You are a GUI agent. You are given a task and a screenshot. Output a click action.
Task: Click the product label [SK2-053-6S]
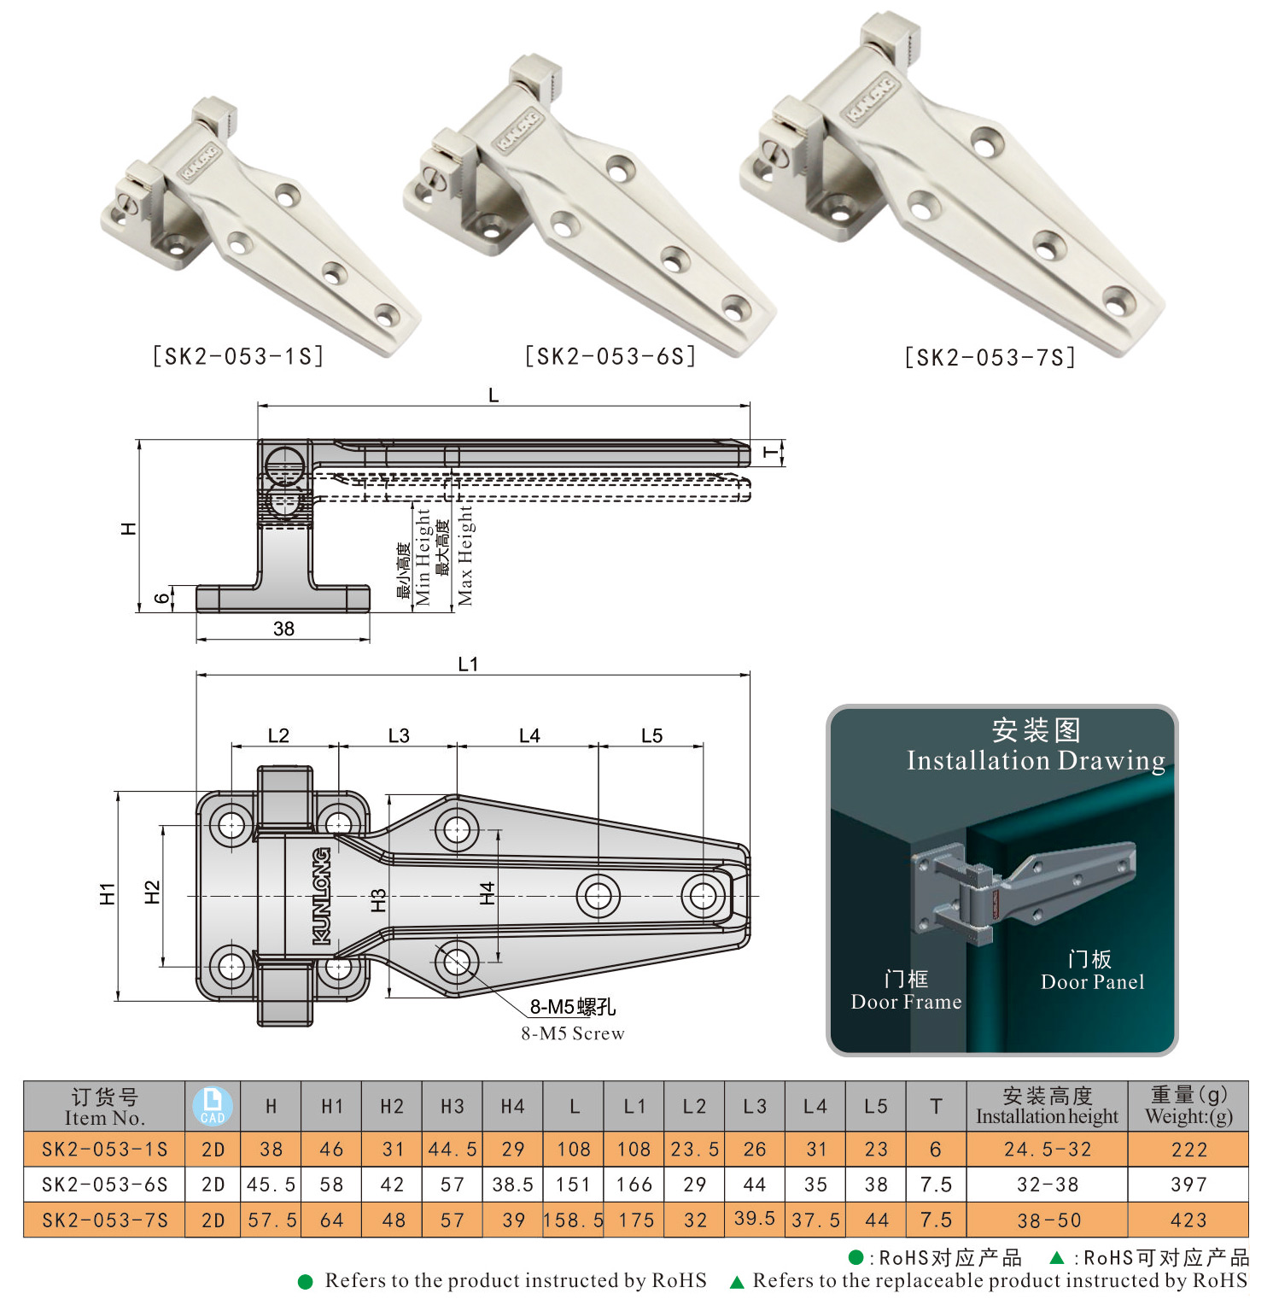[610, 356]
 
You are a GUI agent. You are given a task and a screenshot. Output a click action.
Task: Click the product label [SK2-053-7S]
[990, 357]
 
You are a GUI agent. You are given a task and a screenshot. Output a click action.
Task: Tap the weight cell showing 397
[1188, 1185]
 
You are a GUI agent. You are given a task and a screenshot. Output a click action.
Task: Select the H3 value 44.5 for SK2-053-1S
[453, 1150]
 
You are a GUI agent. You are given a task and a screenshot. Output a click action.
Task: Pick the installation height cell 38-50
[1048, 1220]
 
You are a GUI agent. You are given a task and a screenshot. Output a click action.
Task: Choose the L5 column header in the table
[876, 1106]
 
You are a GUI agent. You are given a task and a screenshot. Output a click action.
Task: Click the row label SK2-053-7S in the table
[104, 1220]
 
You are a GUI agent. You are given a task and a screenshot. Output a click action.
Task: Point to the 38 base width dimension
[283, 629]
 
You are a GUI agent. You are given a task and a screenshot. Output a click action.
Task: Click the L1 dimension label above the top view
[468, 664]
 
